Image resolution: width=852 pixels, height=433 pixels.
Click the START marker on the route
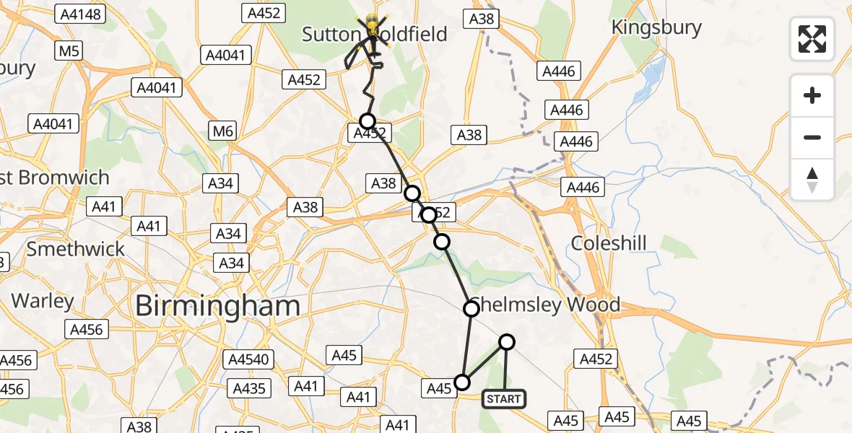click(503, 399)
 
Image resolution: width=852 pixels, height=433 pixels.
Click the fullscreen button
click(812, 39)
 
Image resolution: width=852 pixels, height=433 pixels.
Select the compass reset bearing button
click(812, 180)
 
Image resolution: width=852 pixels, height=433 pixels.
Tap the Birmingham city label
click(217, 306)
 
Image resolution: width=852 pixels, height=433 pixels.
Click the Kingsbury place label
click(656, 28)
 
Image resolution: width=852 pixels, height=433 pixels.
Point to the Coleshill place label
click(609, 243)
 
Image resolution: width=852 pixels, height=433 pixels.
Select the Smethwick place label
click(76, 250)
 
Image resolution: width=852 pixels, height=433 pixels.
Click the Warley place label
click(43, 301)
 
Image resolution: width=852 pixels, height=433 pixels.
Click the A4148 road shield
click(82, 14)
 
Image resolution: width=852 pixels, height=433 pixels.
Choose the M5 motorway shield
click(69, 51)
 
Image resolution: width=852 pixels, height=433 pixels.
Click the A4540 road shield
click(248, 359)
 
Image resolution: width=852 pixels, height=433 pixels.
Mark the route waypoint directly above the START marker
click(507, 342)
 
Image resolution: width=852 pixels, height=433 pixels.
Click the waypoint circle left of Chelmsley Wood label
click(471, 309)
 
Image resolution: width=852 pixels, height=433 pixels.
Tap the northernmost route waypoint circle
click(368, 121)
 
